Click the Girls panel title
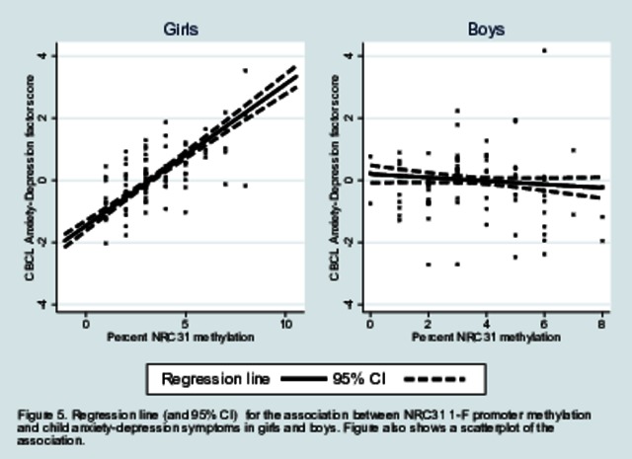(180, 29)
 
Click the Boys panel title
(486, 29)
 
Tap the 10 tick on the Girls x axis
(285, 323)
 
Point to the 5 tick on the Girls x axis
(186, 323)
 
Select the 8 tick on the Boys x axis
(602, 323)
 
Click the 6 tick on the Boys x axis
(544, 323)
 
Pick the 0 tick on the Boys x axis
(370, 323)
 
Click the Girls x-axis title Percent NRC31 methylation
(180, 337)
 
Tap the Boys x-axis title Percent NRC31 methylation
(486, 337)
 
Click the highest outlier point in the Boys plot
(544, 50)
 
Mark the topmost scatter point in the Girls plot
(245, 71)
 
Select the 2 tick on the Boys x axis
(428, 323)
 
